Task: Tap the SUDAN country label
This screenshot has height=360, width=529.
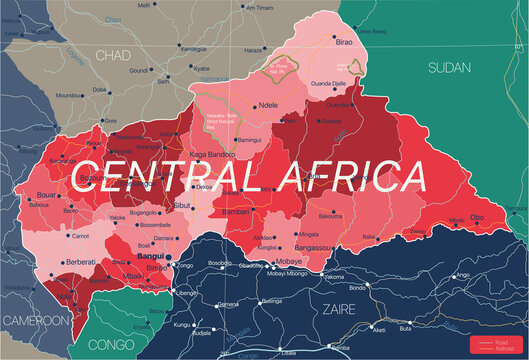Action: (450, 67)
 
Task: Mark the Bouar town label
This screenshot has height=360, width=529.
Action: (46, 197)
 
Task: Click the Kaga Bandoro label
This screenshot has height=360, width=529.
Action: (212, 155)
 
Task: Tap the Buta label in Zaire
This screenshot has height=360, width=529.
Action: (404, 327)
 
